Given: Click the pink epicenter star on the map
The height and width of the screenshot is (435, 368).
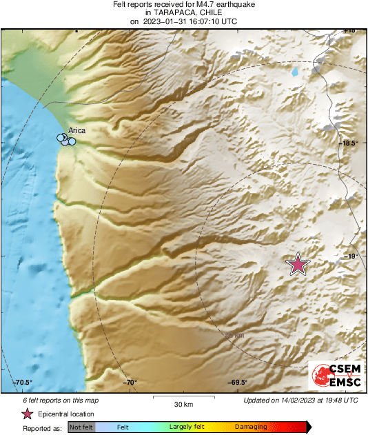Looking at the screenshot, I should pyautogui.click(x=298, y=264).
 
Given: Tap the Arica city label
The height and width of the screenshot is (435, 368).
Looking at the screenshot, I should pyautogui.click(x=76, y=130).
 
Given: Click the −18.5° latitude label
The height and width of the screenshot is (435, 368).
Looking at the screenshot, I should pyautogui.click(x=349, y=143).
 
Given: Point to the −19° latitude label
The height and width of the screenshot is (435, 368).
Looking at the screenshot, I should pyautogui.click(x=351, y=256).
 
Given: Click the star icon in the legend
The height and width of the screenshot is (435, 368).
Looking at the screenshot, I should pyautogui.click(x=27, y=414).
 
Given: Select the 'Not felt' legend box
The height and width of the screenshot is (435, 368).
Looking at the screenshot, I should pyautogui.click(x=80, y=427).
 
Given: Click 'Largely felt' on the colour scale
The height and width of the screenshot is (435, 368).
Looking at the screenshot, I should pyautogui.click(x=185, y=427).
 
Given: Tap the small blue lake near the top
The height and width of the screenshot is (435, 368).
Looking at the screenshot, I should pyautogui.click(x=296, y=71).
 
